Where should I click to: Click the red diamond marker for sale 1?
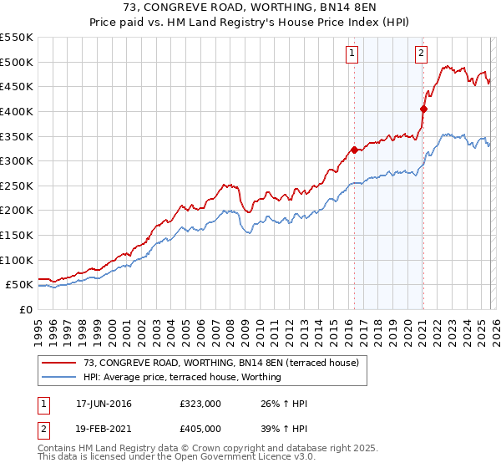(354, 150)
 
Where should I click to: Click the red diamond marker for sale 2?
(423, 109)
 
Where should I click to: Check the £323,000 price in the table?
(200, 404)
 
